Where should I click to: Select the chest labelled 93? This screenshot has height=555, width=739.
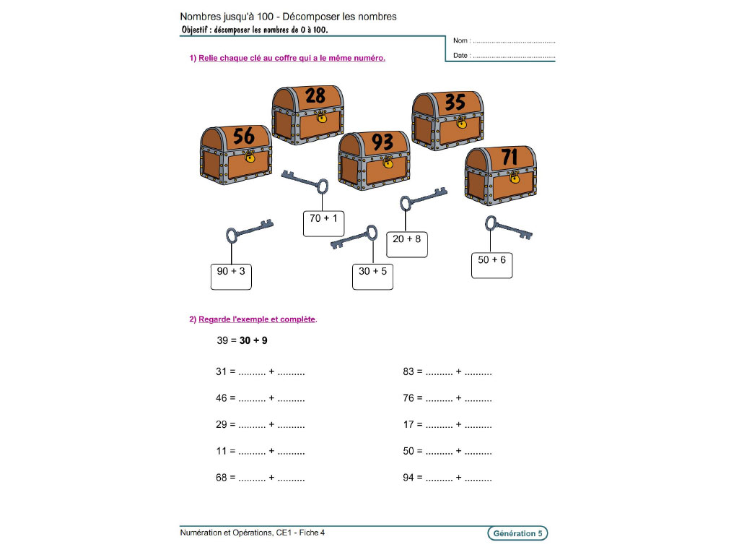click(374, 160)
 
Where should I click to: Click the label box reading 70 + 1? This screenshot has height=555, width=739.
click(323, 223)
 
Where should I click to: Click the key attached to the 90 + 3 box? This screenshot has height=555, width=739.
click(248, 231)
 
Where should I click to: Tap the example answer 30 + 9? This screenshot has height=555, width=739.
click(253, 340)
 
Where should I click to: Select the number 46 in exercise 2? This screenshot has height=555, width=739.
click(221, 398)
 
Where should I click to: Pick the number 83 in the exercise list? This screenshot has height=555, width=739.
click(408, 372)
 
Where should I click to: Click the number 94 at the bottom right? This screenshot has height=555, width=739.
click(408, 478)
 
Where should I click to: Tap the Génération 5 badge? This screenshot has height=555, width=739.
click(517, 533)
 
